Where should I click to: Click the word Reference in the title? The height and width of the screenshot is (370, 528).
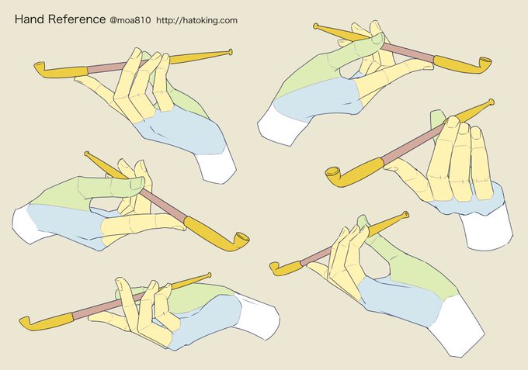[x=77, y=19]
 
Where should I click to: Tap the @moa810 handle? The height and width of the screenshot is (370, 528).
[x=130, y=20]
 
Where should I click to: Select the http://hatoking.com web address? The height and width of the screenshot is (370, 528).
[x=197, y=20]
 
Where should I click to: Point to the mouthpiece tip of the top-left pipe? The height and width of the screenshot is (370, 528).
[x=230, y=52]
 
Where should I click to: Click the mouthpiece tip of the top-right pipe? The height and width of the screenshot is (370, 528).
[x=316, y=26]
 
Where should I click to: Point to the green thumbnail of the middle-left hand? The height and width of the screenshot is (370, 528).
[x=137, y=182]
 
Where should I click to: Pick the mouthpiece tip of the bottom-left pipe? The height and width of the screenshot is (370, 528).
[x=209, y=275]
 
